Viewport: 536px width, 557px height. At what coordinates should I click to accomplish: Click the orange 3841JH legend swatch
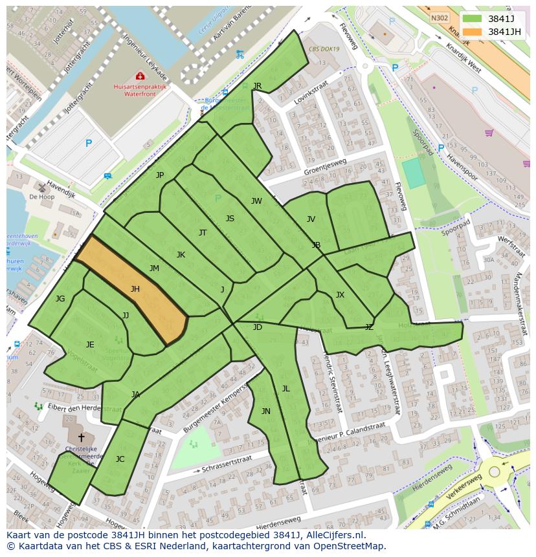click(473, 32)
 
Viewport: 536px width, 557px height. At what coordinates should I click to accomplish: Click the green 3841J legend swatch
click(473, 18)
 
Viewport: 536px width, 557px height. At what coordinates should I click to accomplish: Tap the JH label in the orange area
click(135, 289)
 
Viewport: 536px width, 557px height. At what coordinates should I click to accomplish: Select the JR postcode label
click(257, 86)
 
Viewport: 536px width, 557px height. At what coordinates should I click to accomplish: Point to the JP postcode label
click(160, 175)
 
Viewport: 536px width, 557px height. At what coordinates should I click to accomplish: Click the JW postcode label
click(256, 201)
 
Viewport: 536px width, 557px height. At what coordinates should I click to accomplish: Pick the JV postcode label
click(311, 219)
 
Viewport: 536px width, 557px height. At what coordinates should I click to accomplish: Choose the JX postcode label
click(340, 295)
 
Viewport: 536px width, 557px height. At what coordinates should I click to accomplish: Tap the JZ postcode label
click(369, 327)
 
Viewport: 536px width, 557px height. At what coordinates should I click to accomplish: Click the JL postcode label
click(285, 388)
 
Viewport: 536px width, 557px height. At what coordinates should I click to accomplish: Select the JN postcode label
click(265, 411)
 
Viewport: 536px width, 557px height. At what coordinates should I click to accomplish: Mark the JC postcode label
click(120, 459)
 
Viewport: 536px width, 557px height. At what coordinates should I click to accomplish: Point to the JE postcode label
click(90, 344)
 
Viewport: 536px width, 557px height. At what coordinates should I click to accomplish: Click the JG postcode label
click(60, 298)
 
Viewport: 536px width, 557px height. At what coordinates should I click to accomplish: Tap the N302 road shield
click(440, 19)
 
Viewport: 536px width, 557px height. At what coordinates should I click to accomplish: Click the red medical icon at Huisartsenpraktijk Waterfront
click(140, 76)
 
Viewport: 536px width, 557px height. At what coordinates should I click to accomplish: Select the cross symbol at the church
click(81, 438)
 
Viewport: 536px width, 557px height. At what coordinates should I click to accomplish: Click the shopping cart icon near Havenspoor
click(489, 133)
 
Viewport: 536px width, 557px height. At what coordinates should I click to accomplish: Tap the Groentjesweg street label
click(325, 167)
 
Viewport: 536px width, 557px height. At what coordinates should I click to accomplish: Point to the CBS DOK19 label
click(324, 49)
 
